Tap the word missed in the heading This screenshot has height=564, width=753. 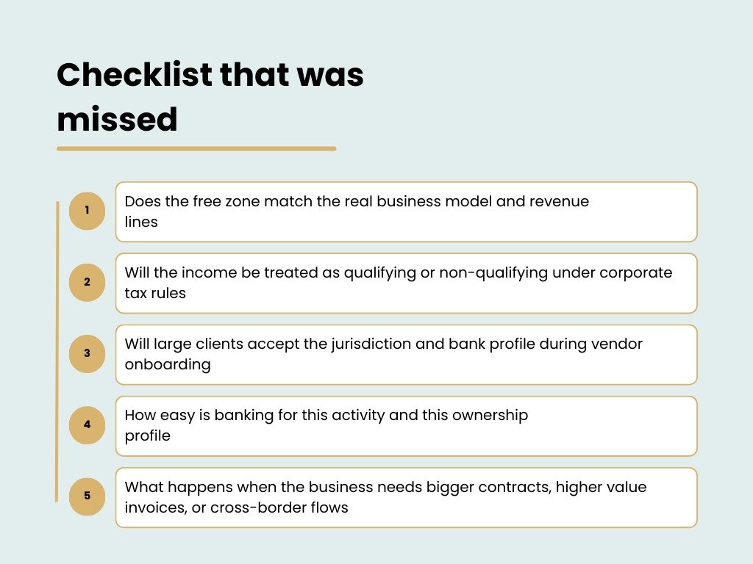(x=117, y=119)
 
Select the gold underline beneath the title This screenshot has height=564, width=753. (x=196, y=148)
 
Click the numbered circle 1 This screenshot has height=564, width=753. (x=87, y=211)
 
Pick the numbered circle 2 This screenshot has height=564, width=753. (x=87, y=282)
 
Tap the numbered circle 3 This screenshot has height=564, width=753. (x=87, y=353)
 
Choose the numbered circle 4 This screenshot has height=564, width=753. (x=87, y=424)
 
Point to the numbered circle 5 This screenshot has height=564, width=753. (x=87, y=496)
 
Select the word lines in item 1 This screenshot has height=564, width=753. (x=140, y=221)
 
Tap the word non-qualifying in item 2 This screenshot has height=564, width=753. (x=493, y=273)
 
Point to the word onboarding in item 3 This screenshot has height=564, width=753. (x=167, y=365)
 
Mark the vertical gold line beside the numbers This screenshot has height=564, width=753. (x=57, y=352)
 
